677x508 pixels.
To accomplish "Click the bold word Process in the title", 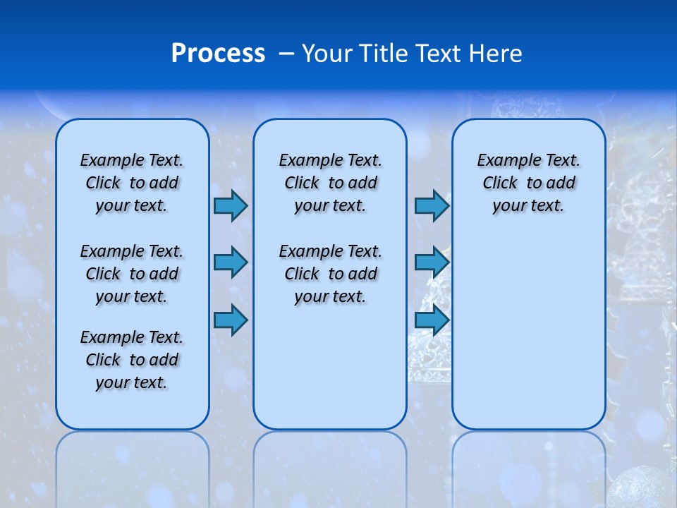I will (x=218, y=54).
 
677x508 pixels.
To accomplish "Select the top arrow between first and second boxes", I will (x=231, y=205).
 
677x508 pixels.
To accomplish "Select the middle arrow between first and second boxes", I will (x=231, y=262).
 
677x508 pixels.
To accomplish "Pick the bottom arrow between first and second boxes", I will (x=231, y=320).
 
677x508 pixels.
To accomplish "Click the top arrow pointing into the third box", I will (x=432, y=205).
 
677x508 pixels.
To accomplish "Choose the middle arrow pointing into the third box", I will (x=432, y=262).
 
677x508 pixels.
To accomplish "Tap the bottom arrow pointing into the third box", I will (x=432, y=320).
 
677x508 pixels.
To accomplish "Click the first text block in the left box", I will (x=132, y=183).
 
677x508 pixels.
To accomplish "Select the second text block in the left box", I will (x=132, y=274).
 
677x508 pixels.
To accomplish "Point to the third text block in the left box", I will (x=132, y=360).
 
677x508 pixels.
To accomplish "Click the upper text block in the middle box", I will (x=330, y=183).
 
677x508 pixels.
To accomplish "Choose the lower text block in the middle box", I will (x=330, y=274).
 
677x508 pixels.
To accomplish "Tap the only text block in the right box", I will (x=528, y=183).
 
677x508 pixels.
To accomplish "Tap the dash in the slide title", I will (x=286, y=54).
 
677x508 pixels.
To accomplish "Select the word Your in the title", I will (x=327, y=54).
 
